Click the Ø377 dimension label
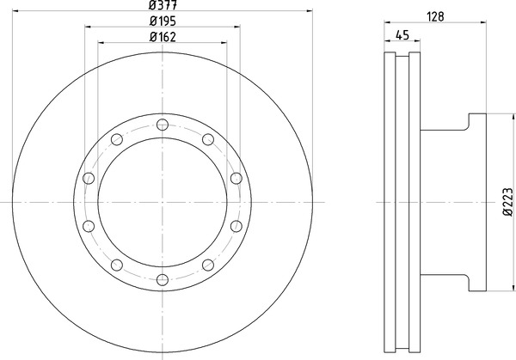point(163,4)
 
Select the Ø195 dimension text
point(163,21)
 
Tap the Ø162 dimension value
point(163,37)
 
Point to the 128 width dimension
point(435,17)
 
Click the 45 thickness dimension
point(402,35)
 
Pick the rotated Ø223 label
point(507,202)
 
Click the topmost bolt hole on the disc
point(163,125)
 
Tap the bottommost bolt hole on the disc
point(163,280)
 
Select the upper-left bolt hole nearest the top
point(117,139)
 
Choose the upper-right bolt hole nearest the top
point(208,139)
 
